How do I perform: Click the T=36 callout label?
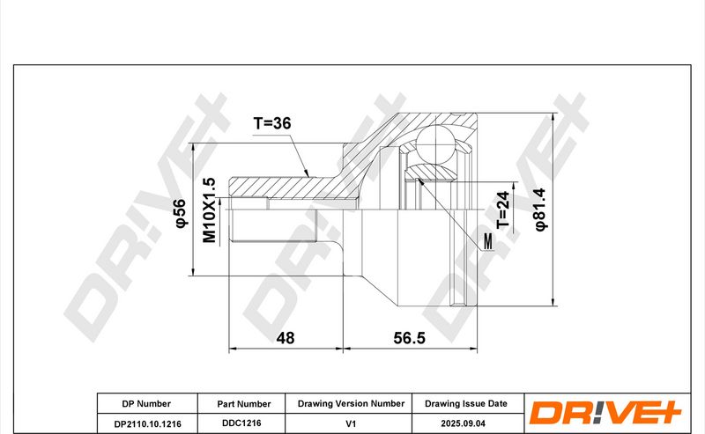coord(272,122)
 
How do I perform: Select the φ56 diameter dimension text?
coord(180,213)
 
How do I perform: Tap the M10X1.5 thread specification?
coord(209,210)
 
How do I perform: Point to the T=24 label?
coord(502,210)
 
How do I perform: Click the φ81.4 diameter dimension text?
coord(540,210)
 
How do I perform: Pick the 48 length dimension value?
coord(285,337)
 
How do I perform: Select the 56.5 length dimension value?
coord(409,337)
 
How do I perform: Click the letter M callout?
coord(488,242)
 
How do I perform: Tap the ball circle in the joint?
coord(435,144)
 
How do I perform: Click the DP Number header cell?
coord(146,403)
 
